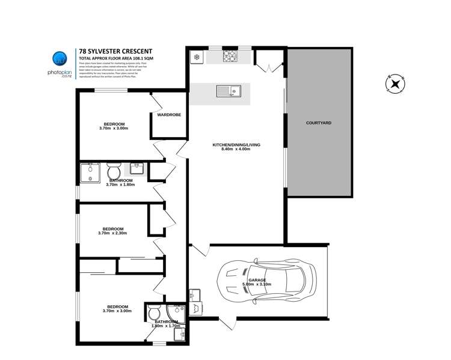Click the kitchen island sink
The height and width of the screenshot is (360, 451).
pyautogui.click(x=229, y=92)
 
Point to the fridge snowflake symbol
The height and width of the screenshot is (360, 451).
pyautogui.click(x=196, y=57)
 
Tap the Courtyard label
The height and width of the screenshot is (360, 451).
pyautogui.click(x=319, y=123)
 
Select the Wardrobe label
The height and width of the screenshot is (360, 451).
pyautogui.click(x=169, y=115)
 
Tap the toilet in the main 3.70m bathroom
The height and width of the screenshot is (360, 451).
pyautogui.click(x=113, y=172)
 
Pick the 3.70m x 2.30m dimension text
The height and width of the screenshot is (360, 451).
pyautogui.click(x=112, y=234)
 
